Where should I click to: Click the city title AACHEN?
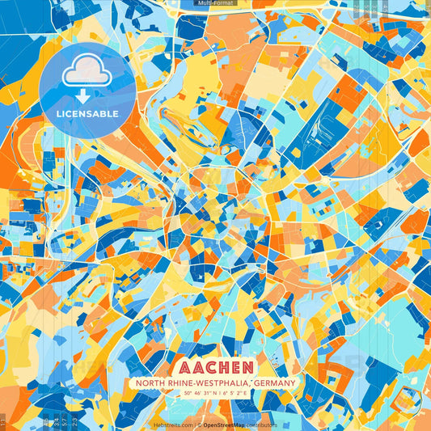(x=215, y=367)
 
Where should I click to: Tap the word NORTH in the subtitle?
(x=152, y=382)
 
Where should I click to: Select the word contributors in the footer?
(x=261, y=425)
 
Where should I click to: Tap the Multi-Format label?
(x=215, y=3)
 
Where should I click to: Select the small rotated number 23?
(x=74, y=421)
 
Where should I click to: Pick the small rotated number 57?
(x=64, y=421)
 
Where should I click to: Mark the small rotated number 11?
(x=3, y=421)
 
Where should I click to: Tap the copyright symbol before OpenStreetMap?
(x=199, y=425)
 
